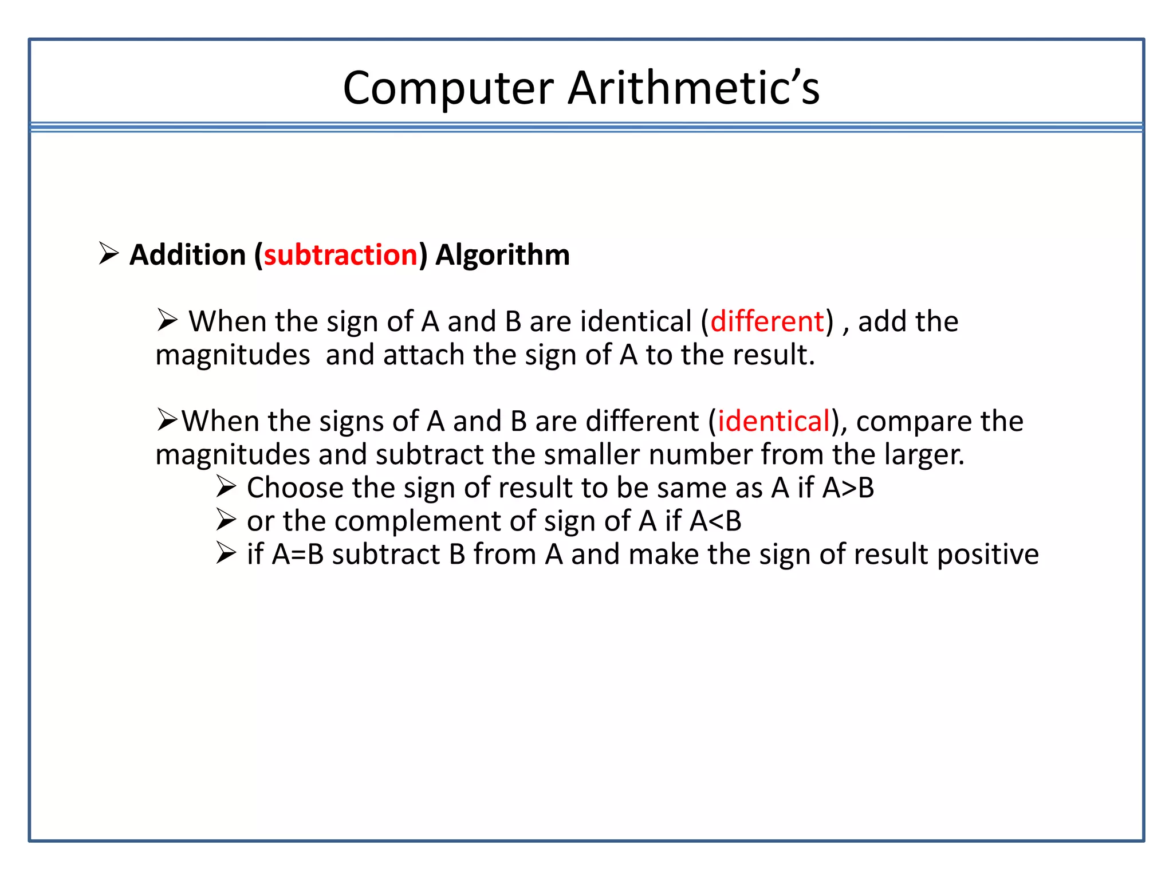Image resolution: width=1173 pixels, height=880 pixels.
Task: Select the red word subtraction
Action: coord(341,255)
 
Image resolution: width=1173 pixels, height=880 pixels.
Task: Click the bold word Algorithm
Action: coord(502,255)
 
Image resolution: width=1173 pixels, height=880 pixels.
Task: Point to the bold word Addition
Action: coord(187,255)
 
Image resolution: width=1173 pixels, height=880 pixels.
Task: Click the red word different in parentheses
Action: coord(767,321)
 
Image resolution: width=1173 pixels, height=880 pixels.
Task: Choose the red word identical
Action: coord(774,421)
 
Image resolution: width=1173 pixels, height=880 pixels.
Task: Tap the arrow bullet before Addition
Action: coord(108,253)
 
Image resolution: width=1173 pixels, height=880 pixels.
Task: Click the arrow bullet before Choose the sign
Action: coord(226,487)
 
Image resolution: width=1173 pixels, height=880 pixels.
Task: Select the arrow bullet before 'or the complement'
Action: coord(226,520)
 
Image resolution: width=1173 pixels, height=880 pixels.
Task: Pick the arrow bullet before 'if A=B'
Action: coord(226,553)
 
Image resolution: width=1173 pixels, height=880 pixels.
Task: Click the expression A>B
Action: coord(848,488)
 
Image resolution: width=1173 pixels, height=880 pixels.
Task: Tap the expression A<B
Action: coord(715,521)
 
